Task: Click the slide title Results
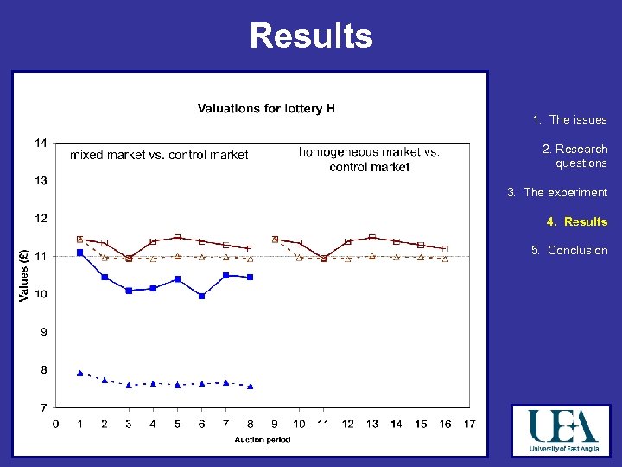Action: [311, 36]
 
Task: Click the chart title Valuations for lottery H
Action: [266, 108]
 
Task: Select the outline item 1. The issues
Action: [569, 120]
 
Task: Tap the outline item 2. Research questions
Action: [574, 156]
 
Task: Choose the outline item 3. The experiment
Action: [557, 192]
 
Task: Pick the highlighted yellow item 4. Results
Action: [576, 221]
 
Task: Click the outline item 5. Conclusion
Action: [569, 250]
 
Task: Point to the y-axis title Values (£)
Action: [24, 275]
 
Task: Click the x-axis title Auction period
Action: [263, 439]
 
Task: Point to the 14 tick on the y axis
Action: [41, 143]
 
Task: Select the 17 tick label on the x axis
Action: [469, 424]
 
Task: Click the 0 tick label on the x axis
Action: [55, 424]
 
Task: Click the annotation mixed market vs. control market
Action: [159, 155]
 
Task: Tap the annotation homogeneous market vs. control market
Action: [369, 159]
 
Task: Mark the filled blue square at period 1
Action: [80, 253]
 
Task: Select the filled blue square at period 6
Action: [201, 296]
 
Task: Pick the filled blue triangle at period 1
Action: [80, 373]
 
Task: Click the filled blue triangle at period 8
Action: [250, 386]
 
